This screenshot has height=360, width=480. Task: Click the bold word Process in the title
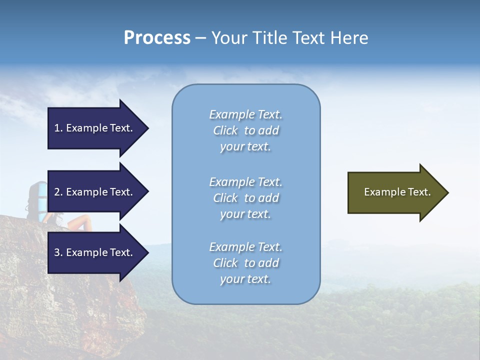(157, 38)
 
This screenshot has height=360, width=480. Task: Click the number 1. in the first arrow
(58, 128)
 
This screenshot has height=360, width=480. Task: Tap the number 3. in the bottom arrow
(58, 252)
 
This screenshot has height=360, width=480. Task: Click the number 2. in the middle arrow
(58, 192)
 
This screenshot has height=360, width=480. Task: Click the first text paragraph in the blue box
(245, 130)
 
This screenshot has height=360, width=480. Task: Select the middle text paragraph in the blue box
(245, 198)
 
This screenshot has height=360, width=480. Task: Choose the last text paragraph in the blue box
(245, 263)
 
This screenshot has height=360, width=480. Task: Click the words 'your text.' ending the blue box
(245, 279)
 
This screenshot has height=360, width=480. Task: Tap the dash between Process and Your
(200, 38)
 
